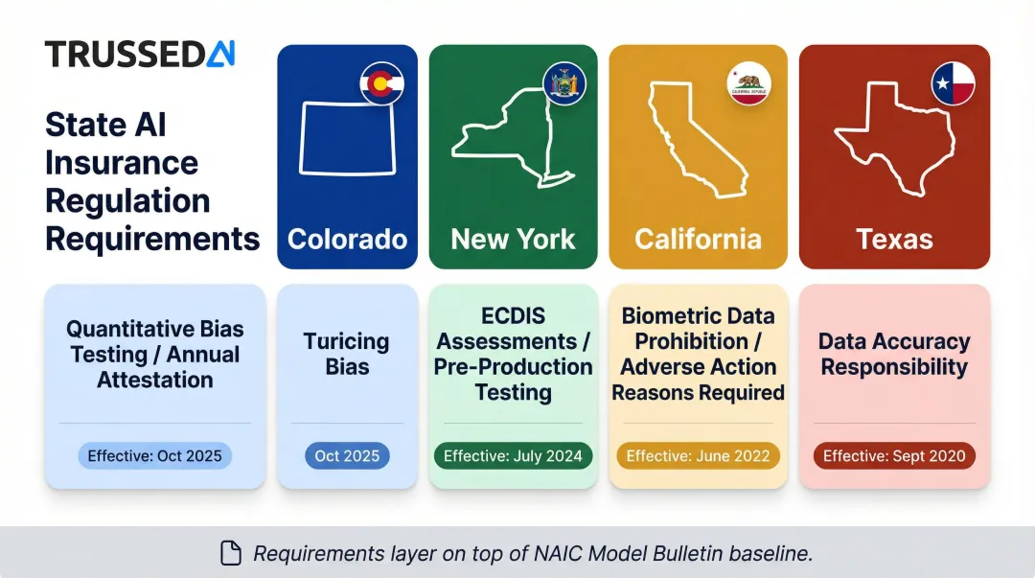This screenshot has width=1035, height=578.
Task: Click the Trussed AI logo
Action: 140,55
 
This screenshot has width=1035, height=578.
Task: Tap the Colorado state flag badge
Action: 381,84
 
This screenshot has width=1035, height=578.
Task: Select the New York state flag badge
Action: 563,84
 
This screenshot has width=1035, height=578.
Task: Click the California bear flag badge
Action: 747,84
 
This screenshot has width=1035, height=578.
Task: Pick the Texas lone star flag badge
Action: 953,84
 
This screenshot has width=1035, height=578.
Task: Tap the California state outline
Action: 695,139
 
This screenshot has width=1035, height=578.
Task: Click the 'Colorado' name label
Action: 347,239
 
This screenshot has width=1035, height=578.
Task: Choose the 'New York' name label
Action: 513,239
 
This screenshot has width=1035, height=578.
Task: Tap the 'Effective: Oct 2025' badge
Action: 155,456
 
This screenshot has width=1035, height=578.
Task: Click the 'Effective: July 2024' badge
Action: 513,456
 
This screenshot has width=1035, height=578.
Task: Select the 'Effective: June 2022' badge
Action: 698,456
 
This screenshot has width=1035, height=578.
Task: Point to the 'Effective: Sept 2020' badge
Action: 894,456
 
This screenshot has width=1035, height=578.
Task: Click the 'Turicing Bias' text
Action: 347,354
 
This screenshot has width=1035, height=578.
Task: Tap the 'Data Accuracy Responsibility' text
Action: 894,354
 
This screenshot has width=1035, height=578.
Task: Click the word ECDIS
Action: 513,316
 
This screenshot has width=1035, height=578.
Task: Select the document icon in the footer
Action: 231,553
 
